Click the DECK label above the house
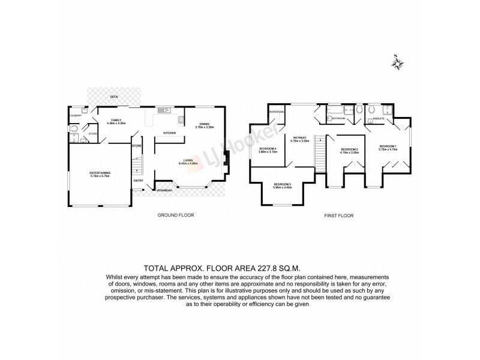114,96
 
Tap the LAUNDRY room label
76,115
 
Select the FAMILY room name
116,120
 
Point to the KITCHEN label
169,133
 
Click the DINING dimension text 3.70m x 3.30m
205,128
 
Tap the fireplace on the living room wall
225,160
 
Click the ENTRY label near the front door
138,180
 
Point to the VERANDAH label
165,190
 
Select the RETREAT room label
300,137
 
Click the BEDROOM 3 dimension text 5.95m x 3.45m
282,188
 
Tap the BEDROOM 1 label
388,146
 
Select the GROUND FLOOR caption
175,215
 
